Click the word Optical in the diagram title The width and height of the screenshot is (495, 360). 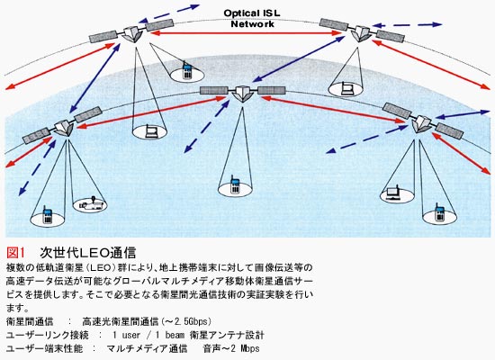point(240,13)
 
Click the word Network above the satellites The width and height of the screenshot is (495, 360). point(252,24)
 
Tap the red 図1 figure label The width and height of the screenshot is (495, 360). point(15,252)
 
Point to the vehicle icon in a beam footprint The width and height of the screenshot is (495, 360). point(90,203)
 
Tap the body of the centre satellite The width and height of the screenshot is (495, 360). point(242,94)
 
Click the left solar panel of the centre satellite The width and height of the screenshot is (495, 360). point(214,91)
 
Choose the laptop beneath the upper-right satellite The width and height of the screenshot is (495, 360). point(347,89)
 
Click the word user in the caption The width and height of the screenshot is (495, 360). point(131,335)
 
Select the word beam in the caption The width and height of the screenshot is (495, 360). point(175,335)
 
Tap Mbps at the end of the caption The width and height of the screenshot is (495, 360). point(250,348)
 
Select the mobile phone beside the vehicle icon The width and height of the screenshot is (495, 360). point(47,215)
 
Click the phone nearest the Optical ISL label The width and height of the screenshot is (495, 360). point(187,71)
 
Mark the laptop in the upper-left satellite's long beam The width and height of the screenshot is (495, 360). point(150,132)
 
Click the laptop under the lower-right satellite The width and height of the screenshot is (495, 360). point(392,193)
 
